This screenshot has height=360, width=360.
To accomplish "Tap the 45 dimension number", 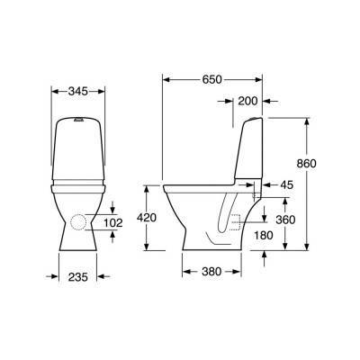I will (x=287, y=184).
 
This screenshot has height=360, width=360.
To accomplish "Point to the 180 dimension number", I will (x=264, y=235).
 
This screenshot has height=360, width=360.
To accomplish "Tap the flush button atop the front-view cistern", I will (x=79, y=119).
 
